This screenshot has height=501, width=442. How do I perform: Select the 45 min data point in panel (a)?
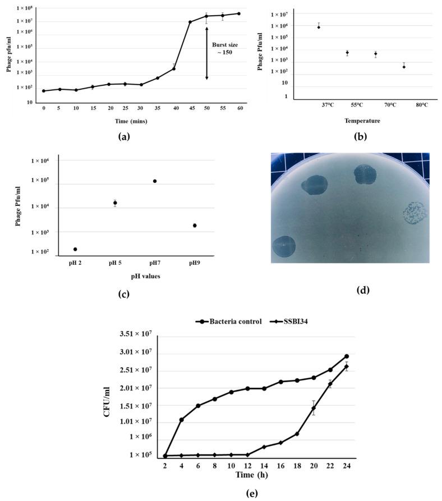190,22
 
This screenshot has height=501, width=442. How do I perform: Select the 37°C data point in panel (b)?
319,27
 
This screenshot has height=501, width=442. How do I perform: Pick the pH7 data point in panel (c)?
155,181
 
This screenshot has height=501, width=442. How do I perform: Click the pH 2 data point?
75,249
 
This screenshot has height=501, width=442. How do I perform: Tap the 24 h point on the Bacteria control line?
347,356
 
